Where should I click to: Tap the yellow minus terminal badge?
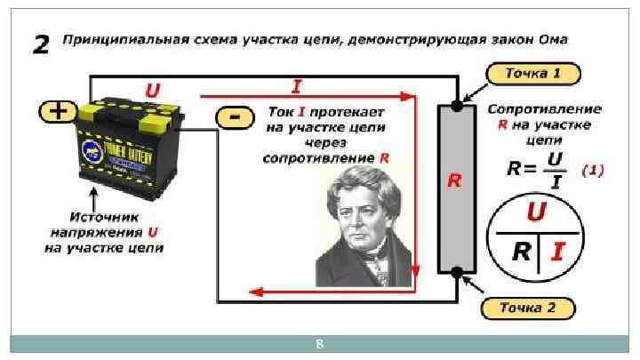coord(233,117)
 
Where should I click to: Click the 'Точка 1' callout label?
coord(532,73)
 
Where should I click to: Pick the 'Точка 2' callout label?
coord(527,308)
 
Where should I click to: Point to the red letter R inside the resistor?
coord(453,181)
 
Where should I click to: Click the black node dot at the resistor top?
coord(456,106)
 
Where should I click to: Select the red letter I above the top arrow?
coord(295,85)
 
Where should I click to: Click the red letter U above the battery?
coord(152,89)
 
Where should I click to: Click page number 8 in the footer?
coord(320,343)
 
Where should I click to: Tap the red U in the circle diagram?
coord(536,212)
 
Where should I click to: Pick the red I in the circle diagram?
coord(556,252)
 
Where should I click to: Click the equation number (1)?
coord(592,171)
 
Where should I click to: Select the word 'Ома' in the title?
coord(550,40)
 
